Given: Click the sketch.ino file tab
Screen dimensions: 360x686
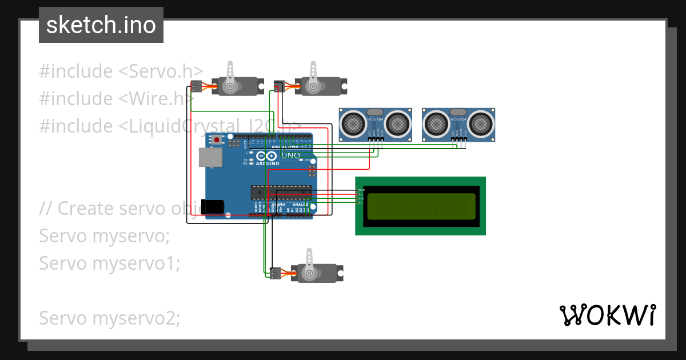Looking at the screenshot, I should (x=101, y=25).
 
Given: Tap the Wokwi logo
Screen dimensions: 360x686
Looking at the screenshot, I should (x=607, y=315).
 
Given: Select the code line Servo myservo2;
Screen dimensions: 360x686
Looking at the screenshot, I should (x=109, y=318).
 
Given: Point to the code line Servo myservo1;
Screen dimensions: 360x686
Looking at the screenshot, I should (x=109, y=263).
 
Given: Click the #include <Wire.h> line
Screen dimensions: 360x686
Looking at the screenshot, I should (x=117, y=99).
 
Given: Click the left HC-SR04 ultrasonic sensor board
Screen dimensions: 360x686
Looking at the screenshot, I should (x=375, y=124).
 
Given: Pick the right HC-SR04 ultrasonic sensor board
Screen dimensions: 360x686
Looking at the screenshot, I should (x=458, y=124).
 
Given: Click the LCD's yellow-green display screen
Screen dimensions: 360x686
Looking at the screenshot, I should (x=421, y=206).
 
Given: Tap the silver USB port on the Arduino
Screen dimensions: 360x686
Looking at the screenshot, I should (x=209, y=157).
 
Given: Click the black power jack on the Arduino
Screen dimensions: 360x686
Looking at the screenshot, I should (x=213, y=206).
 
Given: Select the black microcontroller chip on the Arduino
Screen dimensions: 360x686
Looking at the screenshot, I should (x=281, y=193).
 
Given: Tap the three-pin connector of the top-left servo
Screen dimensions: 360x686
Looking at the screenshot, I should (x=196, y=86).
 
